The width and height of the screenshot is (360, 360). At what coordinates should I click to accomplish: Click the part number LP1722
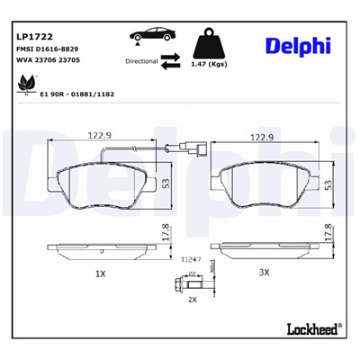point(32,37)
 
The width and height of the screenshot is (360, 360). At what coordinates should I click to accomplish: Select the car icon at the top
point(149,34)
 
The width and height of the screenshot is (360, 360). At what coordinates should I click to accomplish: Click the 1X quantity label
point(101,273)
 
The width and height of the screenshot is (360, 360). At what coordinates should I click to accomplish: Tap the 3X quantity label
point(264,273)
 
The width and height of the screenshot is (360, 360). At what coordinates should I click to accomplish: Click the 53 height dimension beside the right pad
point(328,184)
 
